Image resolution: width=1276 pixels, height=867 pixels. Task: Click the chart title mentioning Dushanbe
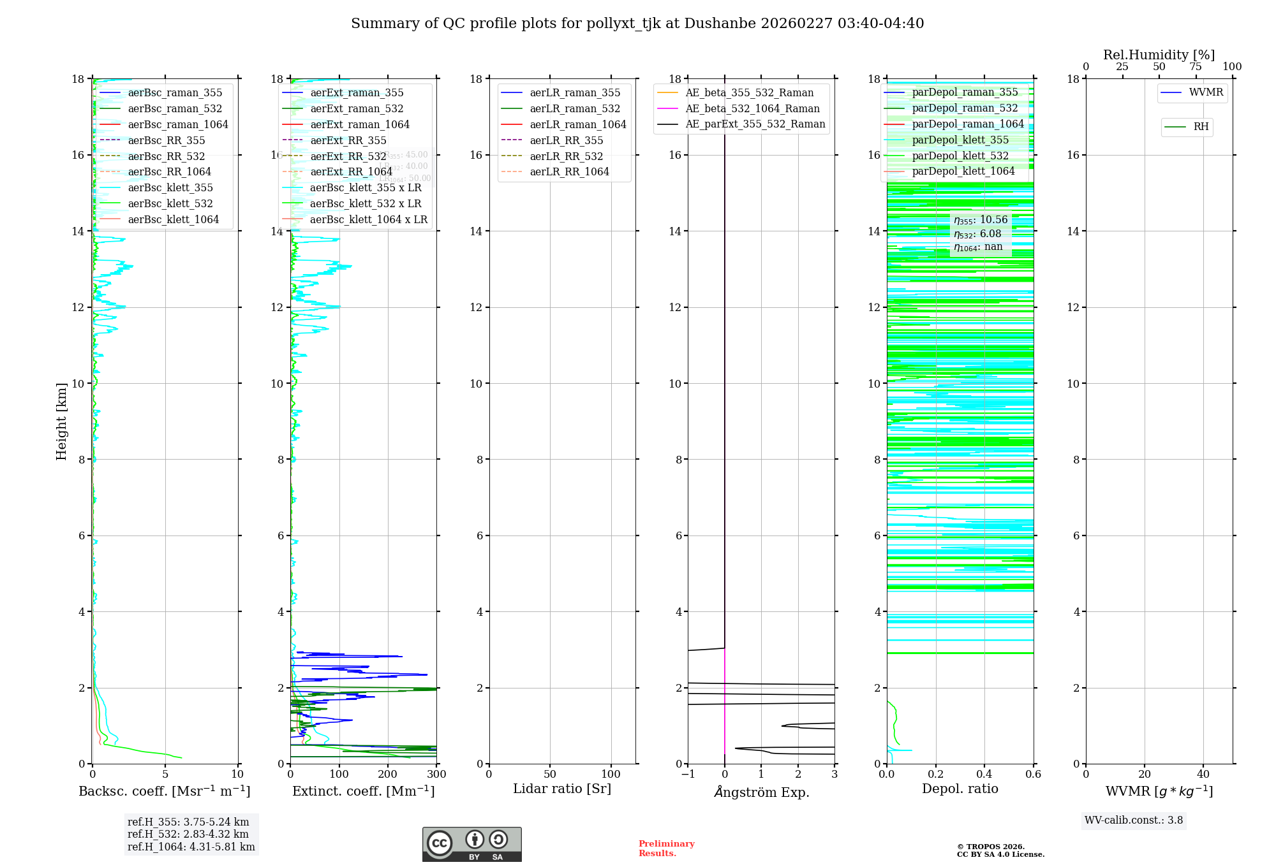pos(637,24)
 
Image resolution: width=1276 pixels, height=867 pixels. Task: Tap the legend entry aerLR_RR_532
pos(566,156)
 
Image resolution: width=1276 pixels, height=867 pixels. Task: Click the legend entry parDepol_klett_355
pos(960,140)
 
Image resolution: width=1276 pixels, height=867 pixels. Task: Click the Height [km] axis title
pos(61,421)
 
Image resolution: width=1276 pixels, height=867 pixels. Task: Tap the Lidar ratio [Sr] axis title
pos(562,789)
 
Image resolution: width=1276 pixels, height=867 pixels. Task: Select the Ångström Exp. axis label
pos(761,792)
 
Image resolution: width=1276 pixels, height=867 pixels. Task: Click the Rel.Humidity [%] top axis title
pos(1159,55)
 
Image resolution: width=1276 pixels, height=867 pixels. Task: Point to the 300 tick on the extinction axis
pos(436,774)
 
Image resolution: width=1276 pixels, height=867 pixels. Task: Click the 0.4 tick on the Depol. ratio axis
pos(984,774)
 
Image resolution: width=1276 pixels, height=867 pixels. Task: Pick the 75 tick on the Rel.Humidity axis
pos(1196,66)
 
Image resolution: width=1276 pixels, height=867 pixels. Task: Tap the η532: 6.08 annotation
pos(977,234)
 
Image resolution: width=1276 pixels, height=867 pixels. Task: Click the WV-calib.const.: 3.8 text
pos(1134,820)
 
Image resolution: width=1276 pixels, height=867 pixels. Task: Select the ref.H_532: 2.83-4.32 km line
pos(188,834)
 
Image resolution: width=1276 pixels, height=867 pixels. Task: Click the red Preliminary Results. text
pos(666,848)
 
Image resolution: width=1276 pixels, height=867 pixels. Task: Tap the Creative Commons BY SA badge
pos(471,844)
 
